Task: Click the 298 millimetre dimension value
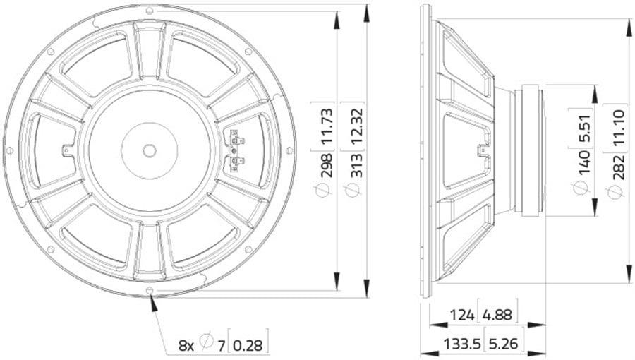tap(327, 164)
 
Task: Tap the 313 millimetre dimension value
tap(356, 164)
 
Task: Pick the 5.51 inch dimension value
tap(584, 128)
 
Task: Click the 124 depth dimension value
tap(462, 315)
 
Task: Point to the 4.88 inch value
tap(497, 315)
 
